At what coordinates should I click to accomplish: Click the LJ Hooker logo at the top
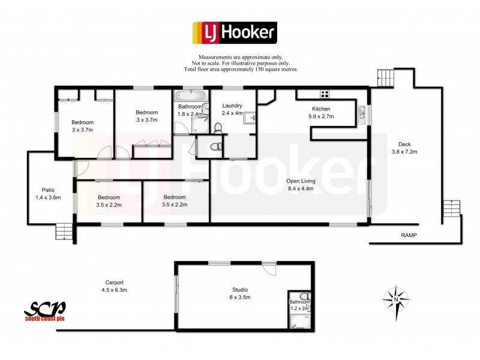point(234,32)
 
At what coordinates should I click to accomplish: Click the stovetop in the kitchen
point(325,94)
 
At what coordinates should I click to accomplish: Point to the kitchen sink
point(362,112)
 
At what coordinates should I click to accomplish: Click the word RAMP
point(410,235)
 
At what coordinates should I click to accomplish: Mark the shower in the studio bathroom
point(298,321)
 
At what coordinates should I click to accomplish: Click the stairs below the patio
point(64,230)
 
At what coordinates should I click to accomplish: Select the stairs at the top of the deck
point(385,78)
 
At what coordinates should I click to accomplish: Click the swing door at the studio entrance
point(269,269)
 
